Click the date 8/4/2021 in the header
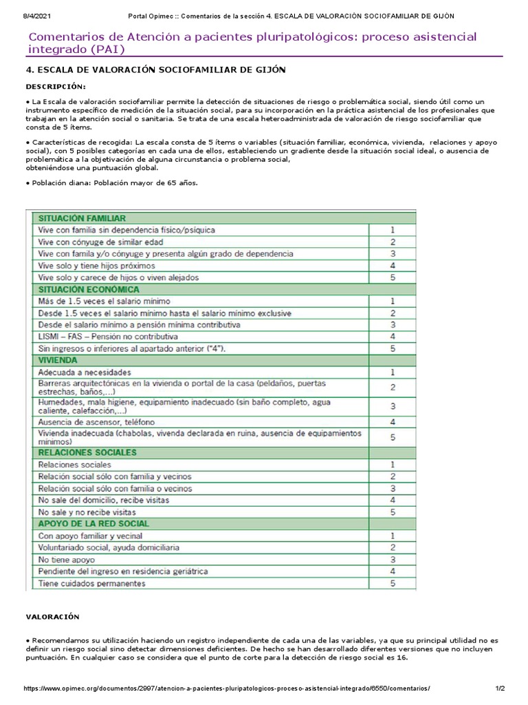point(30,16)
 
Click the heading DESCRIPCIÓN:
point(56,87)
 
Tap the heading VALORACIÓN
point(53,617)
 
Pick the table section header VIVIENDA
point(58,360)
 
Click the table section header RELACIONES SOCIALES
point(87,452)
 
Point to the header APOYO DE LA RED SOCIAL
point(94,524)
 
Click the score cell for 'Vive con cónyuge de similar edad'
point(392,242)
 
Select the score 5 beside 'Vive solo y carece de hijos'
point(392,277)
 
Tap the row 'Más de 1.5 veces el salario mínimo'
point(105,302)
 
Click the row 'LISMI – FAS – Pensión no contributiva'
point(109,337)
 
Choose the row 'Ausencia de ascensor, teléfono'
point(96,421)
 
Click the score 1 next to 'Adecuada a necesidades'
point(392,372)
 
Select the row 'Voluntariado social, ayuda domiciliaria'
point(109,547)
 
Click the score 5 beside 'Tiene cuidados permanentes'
point(392,583)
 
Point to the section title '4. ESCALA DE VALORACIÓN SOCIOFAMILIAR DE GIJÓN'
point(155,70)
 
